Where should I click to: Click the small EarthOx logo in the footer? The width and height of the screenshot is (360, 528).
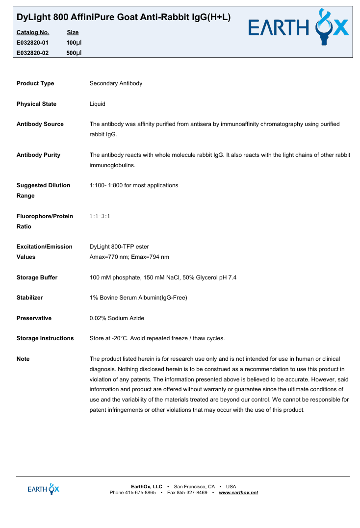pyautogui.click(x=43, y=489)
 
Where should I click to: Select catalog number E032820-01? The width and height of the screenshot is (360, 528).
pyautogui.click(x=32, y=43)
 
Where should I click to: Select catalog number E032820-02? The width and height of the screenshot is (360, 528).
pyautogui.click(x=32, y=53)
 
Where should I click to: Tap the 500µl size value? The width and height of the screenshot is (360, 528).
pyautogui.click(x=74, y=53)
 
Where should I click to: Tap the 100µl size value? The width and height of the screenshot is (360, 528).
pyautogui.click(x=74, y=43)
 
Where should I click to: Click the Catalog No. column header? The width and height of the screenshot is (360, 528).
pyautogui.click(x=32, y=32)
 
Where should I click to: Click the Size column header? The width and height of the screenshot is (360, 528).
pyautogui.click(x=73, y=32)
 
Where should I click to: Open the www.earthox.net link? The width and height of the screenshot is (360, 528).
pyautogui.click(x=238, y=492)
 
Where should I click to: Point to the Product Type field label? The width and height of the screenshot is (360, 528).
pyautogui.click(x=35, y=83)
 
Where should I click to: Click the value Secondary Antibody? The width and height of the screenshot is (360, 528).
pyautogui.click(x=116, y=83)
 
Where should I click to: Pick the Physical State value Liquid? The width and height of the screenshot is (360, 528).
pyautogui.click(x=97, y=104)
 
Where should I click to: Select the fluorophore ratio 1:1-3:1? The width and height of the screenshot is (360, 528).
pyautogui.click(x=100, y=216)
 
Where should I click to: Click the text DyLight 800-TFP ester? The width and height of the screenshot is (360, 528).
pyautogui.click(x=119, y=247)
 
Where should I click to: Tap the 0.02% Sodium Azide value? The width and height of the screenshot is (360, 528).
pyautogui.click(x=117, y=318)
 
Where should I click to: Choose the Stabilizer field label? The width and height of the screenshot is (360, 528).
pyautogui.click(x=29, y=298)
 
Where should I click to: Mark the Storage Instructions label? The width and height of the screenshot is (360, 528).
pyautogui.click(x=45, y=338)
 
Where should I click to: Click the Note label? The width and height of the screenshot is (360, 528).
pyautogui.click(x=23, y=359)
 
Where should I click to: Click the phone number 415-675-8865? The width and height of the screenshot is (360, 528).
pyautogui.click(x=140, y=492)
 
